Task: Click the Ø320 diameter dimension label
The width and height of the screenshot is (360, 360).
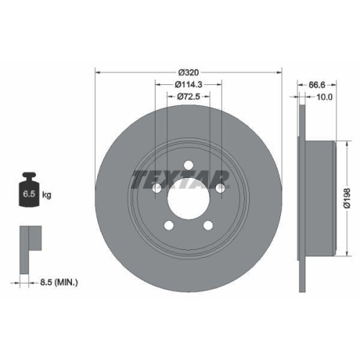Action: pyautogui.click(x=188, y=73)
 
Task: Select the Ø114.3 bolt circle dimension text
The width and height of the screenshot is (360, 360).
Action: pyautogui.click(x=188, y=84)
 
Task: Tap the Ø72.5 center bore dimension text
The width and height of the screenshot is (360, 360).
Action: pyautogui.click(x=188, y=96)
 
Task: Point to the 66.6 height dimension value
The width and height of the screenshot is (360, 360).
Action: pyautogui.click(x=311, y=84)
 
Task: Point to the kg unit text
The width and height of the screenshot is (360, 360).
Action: pyautogui.click(x=47, y=194)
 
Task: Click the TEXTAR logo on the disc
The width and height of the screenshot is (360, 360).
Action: pyautogui.click(x=179, y=178)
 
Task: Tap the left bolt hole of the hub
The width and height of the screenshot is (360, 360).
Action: pyautogui.click(x=156, y=188)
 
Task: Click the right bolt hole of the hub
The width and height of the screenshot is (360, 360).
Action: pyautogui.click(x=220, y=188)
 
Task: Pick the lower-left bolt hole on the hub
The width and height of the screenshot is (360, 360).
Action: pyautogui.click(x=168, y=225)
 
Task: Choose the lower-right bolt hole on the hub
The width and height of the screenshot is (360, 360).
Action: pyautogui.click(x=207, y=225)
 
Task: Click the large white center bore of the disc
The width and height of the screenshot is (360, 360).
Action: pyautogui.click(x=188, y=198)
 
